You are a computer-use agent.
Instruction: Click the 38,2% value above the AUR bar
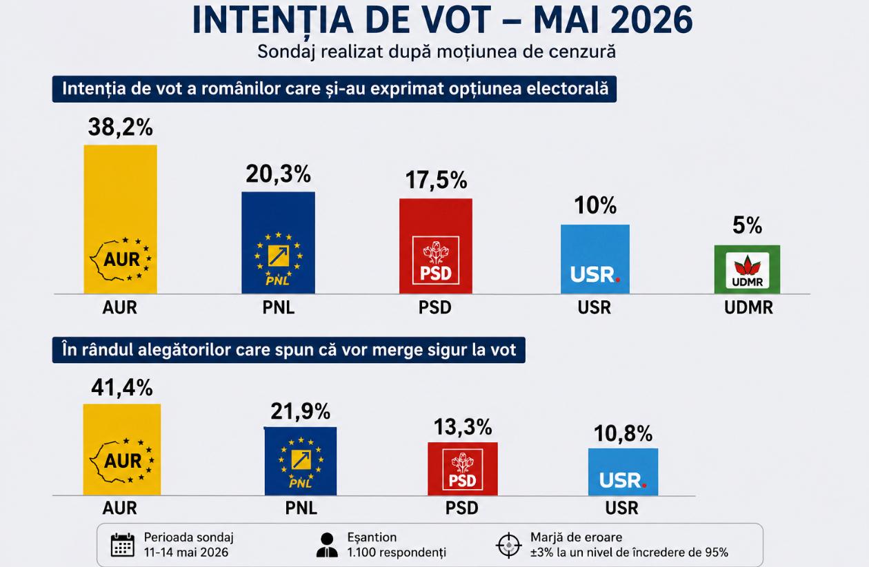click(x=120, y=127)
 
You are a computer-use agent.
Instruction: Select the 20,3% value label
click(x=278, y=174)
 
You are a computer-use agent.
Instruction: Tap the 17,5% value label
click(x=436, y=181)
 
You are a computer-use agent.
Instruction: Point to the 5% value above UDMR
click(x=747, y=225)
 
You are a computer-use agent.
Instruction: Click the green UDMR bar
click(x=747, y=269)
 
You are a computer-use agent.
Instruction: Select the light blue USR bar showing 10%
click(x=595, y=259)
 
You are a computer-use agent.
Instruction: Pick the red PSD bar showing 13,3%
click(x=462, y=468)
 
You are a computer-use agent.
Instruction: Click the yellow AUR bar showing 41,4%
click(x=122, y=450)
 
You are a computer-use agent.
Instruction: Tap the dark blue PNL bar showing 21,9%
click(x=300, y=461)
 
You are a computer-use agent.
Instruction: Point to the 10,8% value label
click(x=623, y=433)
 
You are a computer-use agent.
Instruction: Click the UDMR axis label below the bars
click(x=748, y=308)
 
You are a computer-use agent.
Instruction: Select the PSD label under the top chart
click(x=435, y=308)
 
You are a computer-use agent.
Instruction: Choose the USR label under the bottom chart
click(x=621, y=508)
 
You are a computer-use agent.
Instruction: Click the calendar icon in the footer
click(x=123, y=544)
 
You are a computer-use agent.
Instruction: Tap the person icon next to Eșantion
click(x=327, y=545)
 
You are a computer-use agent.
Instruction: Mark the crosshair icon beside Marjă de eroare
click(x=508, y=545)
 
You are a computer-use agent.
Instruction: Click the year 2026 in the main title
click(x=651, y=19)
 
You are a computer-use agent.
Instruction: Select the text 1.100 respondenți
click(x=397, y=553)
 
